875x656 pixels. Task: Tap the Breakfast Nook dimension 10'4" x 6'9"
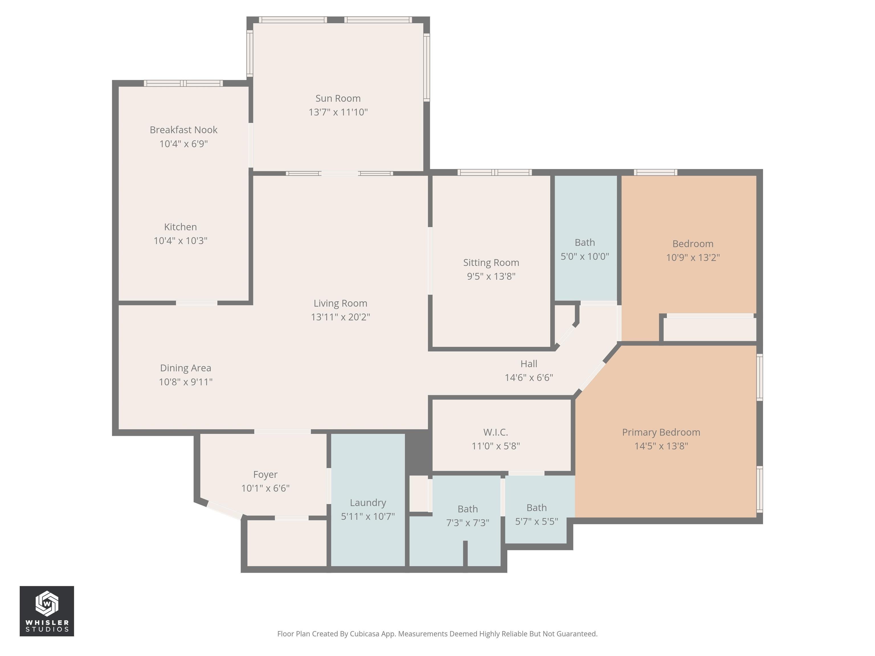click(x=183, y=143)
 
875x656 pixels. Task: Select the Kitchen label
click(x=180, y=227)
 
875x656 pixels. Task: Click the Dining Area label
click(x=185, y=368)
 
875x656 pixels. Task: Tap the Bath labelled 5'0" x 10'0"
click(x=585, y=242)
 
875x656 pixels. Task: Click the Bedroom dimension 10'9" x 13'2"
click(x=693, y=257)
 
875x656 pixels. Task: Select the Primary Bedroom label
click(x=661, y=432)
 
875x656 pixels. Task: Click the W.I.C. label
click(x=495, y=432)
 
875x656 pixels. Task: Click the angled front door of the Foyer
click(x=224, y=510)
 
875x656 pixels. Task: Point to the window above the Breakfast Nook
click(x=183, y=83)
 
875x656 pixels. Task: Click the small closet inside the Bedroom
click(x=709, y=329)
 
